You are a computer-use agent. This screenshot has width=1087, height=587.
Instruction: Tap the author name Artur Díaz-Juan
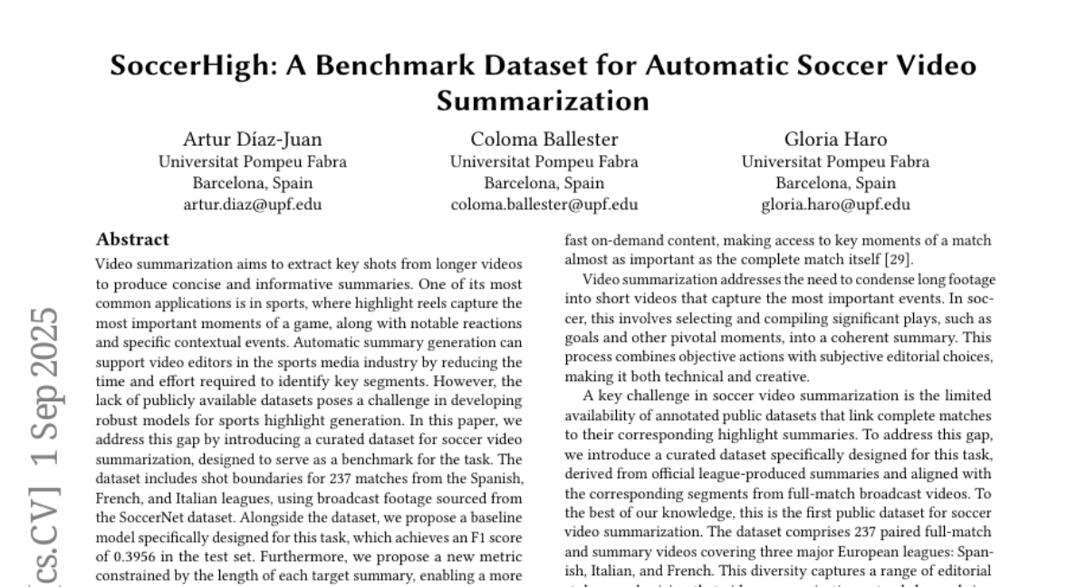[x=252, y=140]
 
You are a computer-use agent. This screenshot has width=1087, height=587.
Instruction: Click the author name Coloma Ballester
[x=543, y=140]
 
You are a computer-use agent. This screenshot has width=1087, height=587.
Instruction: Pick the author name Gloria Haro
[x=835, y=140]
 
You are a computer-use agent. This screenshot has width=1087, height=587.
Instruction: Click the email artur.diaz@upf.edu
[x=252, y=204]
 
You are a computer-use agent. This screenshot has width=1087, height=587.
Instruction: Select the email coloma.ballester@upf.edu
[x=543, y=204]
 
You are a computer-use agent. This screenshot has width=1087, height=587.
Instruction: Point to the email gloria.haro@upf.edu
[x=835, y=204]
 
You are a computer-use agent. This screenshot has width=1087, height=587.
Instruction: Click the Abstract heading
[x=132, y=240]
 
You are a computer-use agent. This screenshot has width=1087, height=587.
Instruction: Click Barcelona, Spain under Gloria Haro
[x=835, y=183]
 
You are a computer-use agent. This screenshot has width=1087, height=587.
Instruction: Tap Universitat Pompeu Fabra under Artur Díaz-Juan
[x=252, y=162]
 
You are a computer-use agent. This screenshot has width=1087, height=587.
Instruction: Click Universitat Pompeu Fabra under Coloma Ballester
[x=543, y=162]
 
